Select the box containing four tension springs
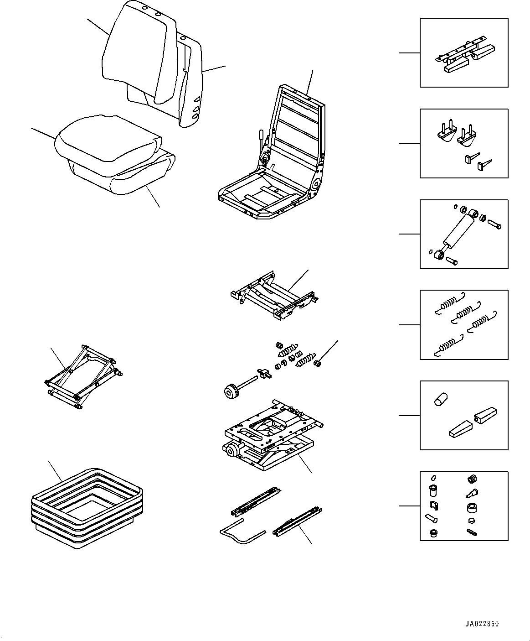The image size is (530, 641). click(463, 325)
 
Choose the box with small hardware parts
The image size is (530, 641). click(463, 506)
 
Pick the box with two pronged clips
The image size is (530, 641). click(463, 143)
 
